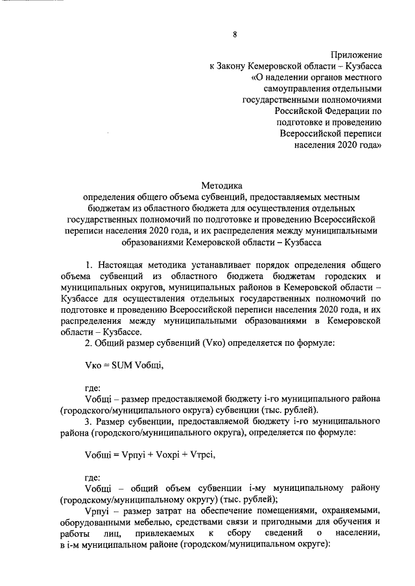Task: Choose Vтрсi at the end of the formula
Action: (x=201, y=454)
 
